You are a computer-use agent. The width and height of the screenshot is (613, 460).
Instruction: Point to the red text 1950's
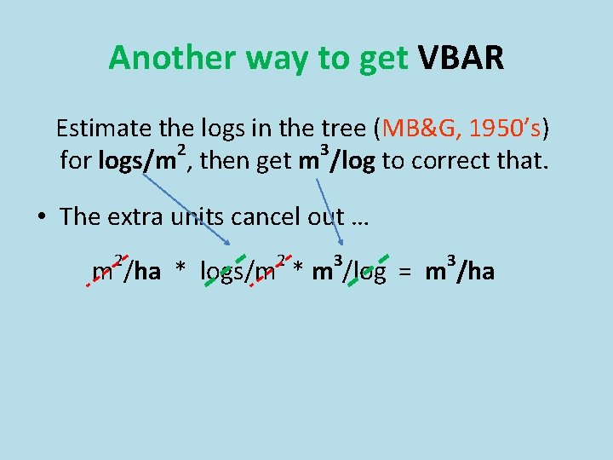pyautogui.click(x=506, y=129)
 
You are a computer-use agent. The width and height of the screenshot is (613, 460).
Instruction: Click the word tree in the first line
pyautogui.click(x=344, y=129)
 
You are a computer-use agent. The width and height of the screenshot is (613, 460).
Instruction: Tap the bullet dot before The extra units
pyautogui.click(x=41, y=216)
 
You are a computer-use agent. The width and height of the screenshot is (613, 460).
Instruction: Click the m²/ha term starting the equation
pyautogui.click(x=126, y=271)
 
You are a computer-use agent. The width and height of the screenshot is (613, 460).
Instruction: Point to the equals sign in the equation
pyautogui.click(x=406, y=273)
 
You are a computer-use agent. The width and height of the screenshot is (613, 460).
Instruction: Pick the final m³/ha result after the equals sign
pyautogui.click(x=460, y=271)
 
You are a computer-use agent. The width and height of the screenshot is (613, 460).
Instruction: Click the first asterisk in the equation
pyautogui.click(x=180, y=273)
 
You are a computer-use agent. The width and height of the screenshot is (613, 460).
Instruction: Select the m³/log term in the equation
pyautogui.click(x=349, y=271)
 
